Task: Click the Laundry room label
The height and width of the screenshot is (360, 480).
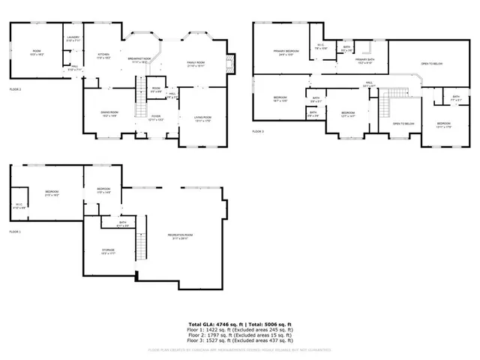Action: (x=73, y=37)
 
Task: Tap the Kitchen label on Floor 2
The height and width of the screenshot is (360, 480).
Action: (x=103, y=55)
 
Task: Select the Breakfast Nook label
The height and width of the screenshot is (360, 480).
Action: (x=139, y=60)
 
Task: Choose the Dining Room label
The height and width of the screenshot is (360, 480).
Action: (x=109, y=114)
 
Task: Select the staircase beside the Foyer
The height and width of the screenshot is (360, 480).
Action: (x=139, y=102)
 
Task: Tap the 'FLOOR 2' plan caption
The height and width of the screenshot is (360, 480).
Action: (x=15, y=89)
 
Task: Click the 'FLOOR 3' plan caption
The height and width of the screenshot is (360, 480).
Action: (x=259, y=130)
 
